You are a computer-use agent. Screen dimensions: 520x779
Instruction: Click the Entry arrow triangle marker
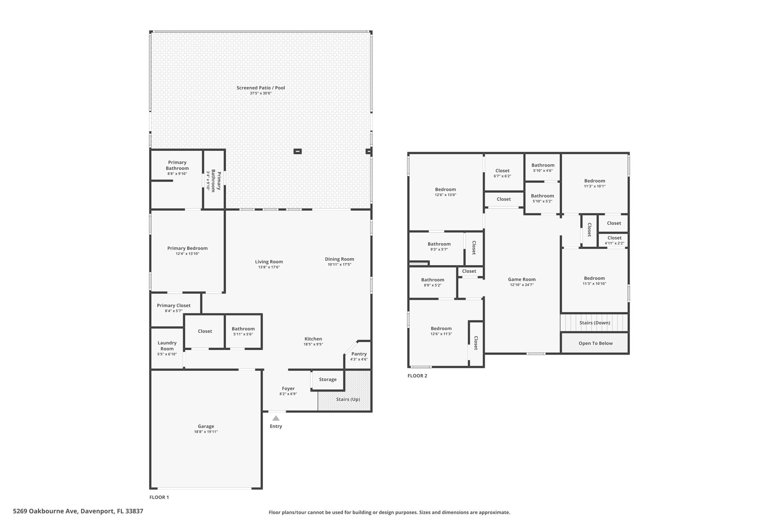(276, 418)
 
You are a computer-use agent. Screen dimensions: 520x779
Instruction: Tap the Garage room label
(206, 426)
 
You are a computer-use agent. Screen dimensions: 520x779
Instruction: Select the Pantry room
(359, 356)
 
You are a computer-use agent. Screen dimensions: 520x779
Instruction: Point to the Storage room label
(327, 379)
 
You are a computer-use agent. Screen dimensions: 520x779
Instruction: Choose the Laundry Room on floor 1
(167, 348)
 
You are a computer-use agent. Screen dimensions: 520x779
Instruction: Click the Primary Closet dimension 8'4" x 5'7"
(173, 311)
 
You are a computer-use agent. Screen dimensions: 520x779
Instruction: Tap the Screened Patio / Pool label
(261, 88)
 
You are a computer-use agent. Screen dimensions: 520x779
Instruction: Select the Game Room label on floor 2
(521, 279)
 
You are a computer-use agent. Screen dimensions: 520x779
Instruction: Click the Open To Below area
(595, 343)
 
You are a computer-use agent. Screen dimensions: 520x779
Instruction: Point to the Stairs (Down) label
(595, 323)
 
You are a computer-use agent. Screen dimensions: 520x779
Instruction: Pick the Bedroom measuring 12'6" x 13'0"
(445, 192)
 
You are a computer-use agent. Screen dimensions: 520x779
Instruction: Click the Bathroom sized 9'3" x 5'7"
(439, 246)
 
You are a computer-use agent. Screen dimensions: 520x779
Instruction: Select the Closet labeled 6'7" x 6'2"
(502, 173)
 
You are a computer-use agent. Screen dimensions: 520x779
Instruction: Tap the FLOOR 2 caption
(417, 376)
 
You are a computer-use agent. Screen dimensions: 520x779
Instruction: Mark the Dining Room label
(339, 259)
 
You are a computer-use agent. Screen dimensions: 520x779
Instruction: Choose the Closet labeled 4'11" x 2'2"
(614, 240)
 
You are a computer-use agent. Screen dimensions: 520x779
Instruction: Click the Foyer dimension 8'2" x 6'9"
(288, 394)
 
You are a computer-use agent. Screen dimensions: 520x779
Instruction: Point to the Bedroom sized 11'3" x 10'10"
(594, 280)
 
